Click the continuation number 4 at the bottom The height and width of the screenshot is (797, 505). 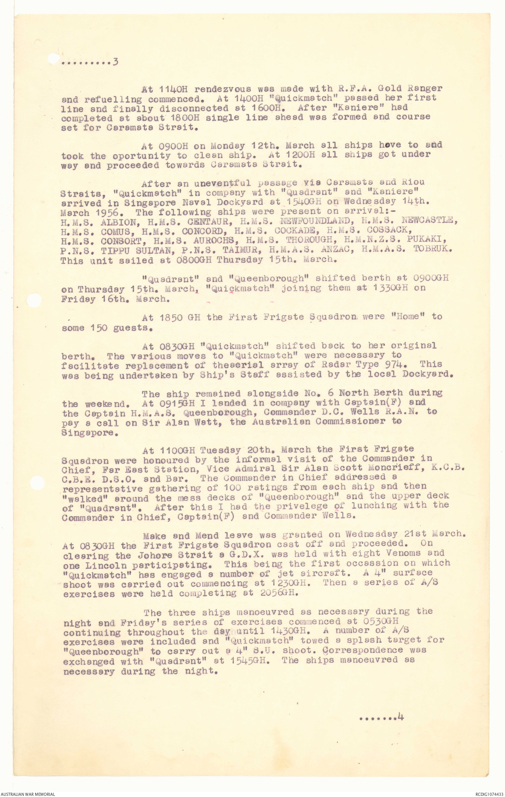(401, 717)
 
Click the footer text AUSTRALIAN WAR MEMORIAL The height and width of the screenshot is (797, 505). (27, 794)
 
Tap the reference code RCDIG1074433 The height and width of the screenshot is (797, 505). (485, 794)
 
